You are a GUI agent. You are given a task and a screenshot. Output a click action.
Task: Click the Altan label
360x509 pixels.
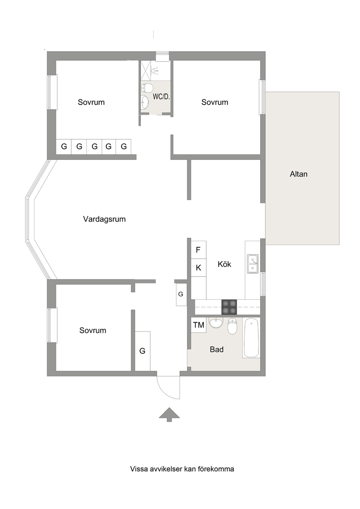click(x=298, y=174)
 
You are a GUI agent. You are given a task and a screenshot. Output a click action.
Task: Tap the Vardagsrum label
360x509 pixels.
click(x=104, y=219)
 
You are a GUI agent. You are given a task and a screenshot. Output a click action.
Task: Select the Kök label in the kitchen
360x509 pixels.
click(x=224, y=264)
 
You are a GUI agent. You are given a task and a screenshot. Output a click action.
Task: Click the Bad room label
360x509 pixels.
click(x=217, y=349)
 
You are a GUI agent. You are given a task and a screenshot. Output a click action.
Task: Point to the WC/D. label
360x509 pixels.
click(x=161, y=97)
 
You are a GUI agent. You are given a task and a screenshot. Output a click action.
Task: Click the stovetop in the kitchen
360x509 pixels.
click(x=229, y=307)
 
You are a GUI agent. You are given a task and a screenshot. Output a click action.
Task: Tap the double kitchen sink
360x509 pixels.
click(x=253, y=263)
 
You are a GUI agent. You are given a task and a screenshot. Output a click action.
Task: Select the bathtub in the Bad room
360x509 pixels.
click(x=251, y=337)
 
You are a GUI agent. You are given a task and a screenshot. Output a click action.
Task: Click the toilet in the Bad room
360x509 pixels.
click(x=232, y=326)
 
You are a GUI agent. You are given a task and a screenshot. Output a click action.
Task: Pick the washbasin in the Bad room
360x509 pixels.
click(x=216, y=323)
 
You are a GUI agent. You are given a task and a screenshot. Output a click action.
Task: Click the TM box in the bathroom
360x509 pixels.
click(x=199, y=325)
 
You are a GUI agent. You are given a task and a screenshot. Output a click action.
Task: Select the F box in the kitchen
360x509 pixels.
click(x=199, y=250)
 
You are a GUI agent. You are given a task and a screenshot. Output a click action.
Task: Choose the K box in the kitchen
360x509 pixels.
click(x=199, y=268)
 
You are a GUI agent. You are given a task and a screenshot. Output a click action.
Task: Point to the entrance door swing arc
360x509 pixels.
click(x=165, y=393)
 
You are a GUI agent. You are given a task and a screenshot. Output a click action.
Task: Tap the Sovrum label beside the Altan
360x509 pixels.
click(x=215, y=102)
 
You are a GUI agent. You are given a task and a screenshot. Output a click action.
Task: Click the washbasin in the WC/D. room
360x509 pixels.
click(x=145, y=102)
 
